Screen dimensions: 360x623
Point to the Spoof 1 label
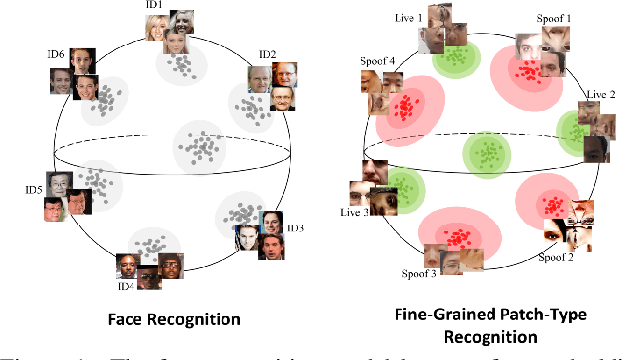click(x=553, y=18)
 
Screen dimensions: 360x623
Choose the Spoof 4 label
click(x=378, y=60)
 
